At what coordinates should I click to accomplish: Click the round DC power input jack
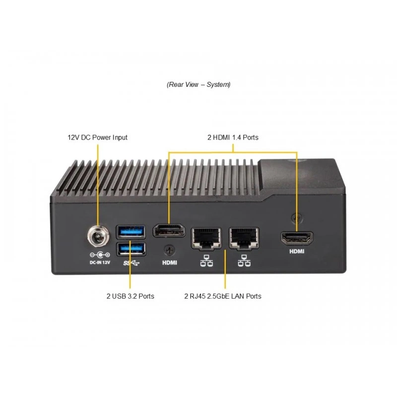98,236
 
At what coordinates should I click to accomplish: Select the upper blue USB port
131,232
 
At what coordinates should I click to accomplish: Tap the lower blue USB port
131,249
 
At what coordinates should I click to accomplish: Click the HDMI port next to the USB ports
169,231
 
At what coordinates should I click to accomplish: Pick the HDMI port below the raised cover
297,238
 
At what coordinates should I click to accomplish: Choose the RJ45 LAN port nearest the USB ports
206,238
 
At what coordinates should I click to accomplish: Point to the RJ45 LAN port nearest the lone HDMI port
244,238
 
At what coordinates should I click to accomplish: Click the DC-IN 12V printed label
100,263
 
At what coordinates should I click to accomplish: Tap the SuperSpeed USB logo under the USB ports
131,264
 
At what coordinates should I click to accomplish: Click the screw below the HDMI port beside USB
169,251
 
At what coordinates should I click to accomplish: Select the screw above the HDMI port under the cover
296,217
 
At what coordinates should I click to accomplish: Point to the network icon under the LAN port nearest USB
206,261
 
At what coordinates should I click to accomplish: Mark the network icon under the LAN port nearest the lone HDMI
244,261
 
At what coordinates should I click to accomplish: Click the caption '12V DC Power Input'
97,137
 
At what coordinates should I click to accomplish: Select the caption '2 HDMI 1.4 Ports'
233,137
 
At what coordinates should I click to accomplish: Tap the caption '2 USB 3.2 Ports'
131,296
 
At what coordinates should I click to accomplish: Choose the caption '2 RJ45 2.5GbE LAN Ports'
223,296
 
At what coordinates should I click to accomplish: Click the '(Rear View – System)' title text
198,84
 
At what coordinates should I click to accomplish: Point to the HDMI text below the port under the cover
297,252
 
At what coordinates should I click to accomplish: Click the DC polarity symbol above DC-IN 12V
100,255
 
